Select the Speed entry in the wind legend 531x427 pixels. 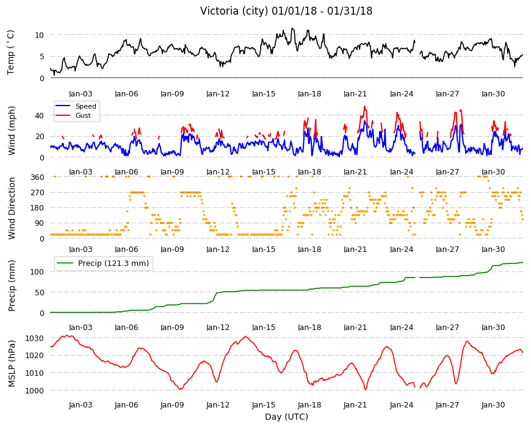85,106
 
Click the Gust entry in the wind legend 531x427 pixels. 83,115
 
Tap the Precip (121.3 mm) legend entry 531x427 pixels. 113,264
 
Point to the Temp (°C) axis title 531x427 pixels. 11,52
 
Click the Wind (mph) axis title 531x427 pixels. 12,131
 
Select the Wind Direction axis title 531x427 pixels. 12,209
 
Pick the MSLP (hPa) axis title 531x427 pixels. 12,363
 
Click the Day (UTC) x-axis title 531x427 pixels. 286,417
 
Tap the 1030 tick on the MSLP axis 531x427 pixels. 35,339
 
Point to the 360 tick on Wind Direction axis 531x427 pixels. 37,177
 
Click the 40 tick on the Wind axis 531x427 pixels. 39,116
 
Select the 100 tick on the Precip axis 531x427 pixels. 37,271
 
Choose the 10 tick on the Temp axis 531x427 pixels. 39,35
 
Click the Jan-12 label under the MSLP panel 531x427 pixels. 218,405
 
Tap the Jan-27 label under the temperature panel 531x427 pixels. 447,94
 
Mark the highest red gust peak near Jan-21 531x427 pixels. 365,107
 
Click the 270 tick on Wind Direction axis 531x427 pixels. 37,193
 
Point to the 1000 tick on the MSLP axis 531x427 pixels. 35,390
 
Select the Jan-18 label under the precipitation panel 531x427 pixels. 309,327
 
